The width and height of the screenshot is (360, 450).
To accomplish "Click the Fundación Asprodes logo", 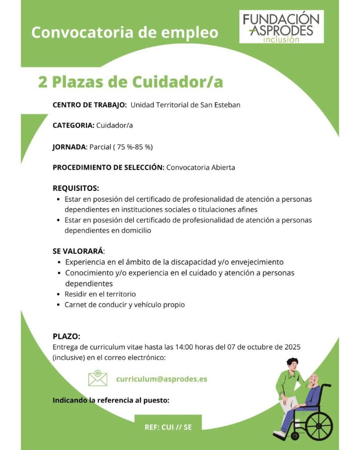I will pos(281,28).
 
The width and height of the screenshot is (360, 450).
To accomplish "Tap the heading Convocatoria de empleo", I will pos(125,33).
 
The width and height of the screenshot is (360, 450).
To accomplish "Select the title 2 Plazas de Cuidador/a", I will pos(131,82).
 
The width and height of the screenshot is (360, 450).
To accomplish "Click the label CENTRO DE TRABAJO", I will pos(90,105).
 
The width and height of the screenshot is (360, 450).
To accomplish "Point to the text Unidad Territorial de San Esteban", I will pos(185,105).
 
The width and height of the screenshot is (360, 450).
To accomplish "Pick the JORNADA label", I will pos(69,147).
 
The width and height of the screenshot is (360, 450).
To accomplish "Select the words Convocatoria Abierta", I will pos(200,167).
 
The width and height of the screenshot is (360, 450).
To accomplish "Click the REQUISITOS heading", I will pos(76,189).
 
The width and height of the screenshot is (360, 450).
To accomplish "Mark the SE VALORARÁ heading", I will pos(78,251).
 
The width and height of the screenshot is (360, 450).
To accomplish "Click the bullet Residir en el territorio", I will pos(100,294).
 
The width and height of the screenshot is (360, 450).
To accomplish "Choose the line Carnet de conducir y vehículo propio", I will pos(125,305).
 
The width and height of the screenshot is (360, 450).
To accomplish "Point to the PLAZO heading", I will pos(66,337).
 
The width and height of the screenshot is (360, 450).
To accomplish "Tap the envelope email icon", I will pos(98,378).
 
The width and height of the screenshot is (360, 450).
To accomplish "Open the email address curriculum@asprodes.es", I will pos(162,379).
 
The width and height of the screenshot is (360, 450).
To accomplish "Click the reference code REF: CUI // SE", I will pos(168,427).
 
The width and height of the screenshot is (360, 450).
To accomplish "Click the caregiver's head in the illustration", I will pos(292,364).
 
